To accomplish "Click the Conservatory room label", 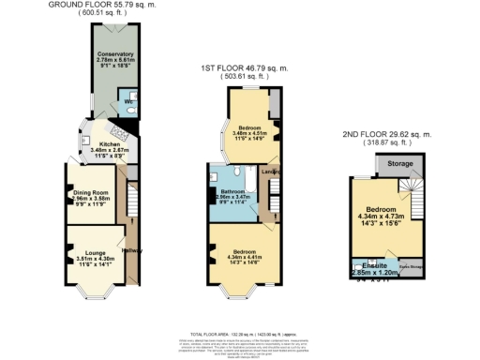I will point(115,54).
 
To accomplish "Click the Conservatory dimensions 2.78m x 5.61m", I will point(115,61).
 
